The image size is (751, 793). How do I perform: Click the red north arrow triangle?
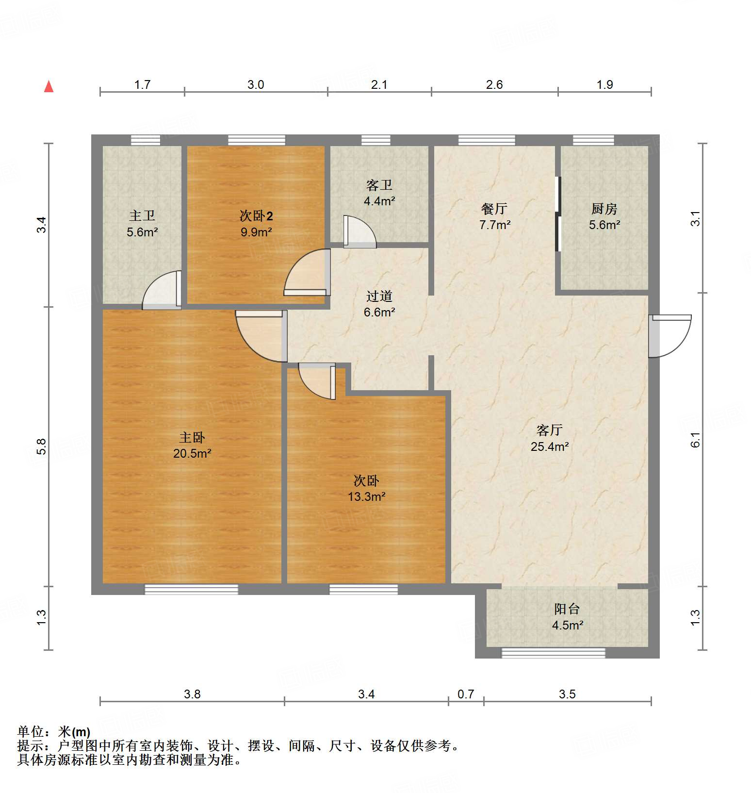[x=49, y=87]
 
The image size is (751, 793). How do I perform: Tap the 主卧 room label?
[x=192, y=437]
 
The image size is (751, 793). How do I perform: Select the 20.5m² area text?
[x=192, y=454]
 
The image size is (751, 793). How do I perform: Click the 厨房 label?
[x=604, y=209]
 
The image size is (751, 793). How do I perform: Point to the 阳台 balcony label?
[x=567, y=609]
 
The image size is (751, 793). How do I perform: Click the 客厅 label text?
[x=549, y=430]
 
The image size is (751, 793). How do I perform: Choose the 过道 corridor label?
[x=379, y=296]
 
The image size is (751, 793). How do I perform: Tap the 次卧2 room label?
[x=256, y=215]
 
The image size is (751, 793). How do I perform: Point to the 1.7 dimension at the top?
[x=142, y=85]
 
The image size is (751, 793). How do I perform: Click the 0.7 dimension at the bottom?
[x=466, y=694]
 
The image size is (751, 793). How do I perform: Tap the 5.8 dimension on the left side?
[x=42, y=446]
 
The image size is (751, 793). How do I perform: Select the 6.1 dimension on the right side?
[x=696, y=439]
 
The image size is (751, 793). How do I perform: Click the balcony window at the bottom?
[x=553, y=653]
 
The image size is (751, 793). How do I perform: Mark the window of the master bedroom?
[x=192, y=589]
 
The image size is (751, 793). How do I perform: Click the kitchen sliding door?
[x=558, y=214]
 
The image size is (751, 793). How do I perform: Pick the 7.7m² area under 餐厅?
[x=494, y=225]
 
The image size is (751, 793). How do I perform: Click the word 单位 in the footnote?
[x=31, y=731]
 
